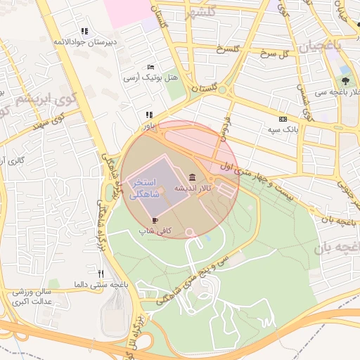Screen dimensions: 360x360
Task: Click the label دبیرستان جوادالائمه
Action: [84, 42]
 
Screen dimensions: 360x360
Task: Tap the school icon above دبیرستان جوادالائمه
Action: [85, 31]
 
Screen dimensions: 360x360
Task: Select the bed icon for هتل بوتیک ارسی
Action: [150, 67]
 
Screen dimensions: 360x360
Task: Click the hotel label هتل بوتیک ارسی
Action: [150, 77]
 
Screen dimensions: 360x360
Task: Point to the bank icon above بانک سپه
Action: [283, 120]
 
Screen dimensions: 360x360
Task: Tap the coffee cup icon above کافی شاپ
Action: [155, 220]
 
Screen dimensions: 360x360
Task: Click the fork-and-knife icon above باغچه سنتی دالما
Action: [101, 273]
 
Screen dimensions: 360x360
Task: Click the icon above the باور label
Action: [148, 115]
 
